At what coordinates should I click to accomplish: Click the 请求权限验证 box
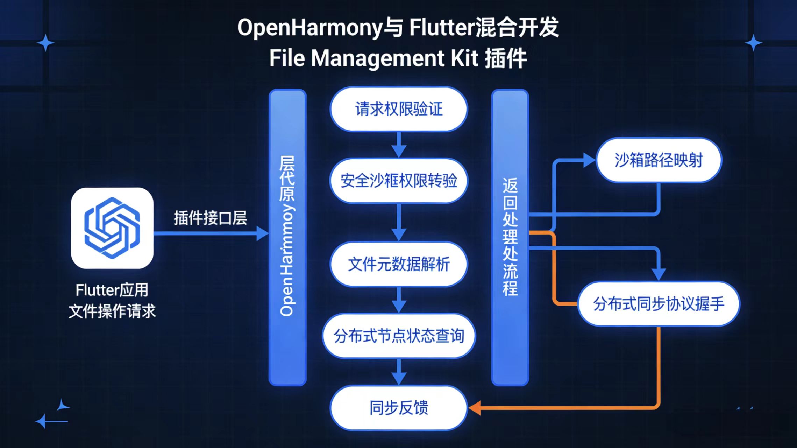pos(399,109)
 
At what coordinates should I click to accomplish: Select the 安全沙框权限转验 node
pos(399,181)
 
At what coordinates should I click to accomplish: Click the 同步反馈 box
pos(399,408)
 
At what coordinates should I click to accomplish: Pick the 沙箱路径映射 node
pos(659,160)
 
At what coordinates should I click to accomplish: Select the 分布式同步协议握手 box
pos(659,304)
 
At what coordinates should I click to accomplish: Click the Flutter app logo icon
pos(112,228)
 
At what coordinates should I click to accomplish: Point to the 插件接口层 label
pos(210,218)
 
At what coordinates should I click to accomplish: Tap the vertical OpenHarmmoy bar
pos(287,238)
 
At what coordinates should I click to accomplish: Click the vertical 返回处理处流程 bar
pos(510,238)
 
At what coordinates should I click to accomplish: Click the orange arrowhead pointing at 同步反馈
pos(475,408)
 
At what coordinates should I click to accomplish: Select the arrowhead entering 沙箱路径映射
pos(590,160)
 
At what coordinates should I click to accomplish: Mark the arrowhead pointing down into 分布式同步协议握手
pos(659,274)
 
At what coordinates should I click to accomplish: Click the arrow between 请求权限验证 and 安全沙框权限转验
pos(399,145)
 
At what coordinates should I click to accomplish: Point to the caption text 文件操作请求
pos(112,311)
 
